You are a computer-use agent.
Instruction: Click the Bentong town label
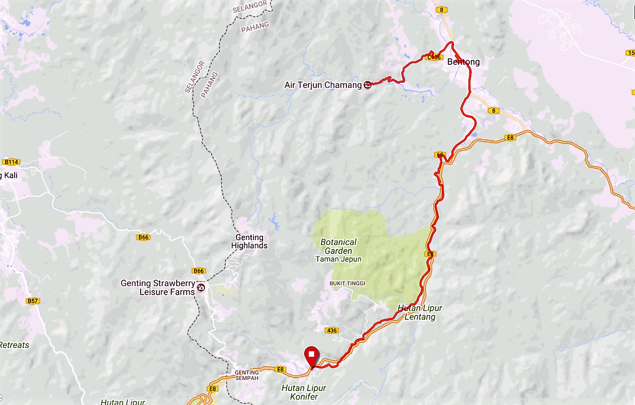tap(463, 62)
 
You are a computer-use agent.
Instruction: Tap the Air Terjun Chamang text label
tap(323, 85)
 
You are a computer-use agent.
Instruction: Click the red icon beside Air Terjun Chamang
tap(367, 85)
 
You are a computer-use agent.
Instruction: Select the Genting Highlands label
tap(249, 241)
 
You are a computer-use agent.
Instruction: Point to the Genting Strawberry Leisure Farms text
tap(157, 288)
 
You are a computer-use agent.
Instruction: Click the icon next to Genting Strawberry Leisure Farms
tap(201, 288)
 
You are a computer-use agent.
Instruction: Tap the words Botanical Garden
tap(338, 246)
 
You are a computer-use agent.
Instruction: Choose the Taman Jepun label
tap(338, 259)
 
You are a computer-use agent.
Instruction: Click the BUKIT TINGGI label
tap(347, 284)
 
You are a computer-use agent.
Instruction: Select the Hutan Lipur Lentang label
tap(420, 312)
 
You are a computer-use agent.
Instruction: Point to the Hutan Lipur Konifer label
tap(304, 392)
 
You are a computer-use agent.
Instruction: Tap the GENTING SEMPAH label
tap(247, 375)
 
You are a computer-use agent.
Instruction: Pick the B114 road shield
tap(11, 162)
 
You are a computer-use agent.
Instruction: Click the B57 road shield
tap(33, 301)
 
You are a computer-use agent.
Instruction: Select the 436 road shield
tap(331, 330)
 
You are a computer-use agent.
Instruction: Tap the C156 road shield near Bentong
tap(432, 58)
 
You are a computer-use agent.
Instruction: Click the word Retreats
tap(15, 345)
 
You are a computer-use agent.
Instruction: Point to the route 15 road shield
tap(630, 53)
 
